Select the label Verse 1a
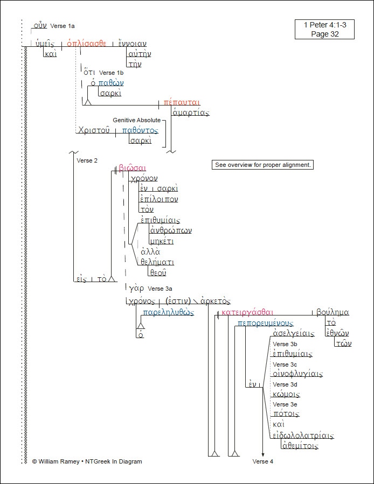coord(63,26)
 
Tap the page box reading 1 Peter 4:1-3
coord(324,29)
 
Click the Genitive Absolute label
coord(136,120)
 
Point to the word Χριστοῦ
coord(94,130)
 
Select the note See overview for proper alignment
coord(262,165)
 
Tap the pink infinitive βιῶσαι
coord(132,168)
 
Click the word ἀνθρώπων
coord(171,230)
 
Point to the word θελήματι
coord(157,262)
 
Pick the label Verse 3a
coord(160,289)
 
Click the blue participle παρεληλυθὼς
coord(168,312)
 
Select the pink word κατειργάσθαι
coord(247,312)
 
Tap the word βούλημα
coord(333,312)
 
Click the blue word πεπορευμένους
coord(265,322)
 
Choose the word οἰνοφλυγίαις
coord(297,374)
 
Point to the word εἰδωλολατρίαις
coord(303,436)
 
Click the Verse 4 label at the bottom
coord(262,461)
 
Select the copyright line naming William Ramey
coord(87,461)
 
